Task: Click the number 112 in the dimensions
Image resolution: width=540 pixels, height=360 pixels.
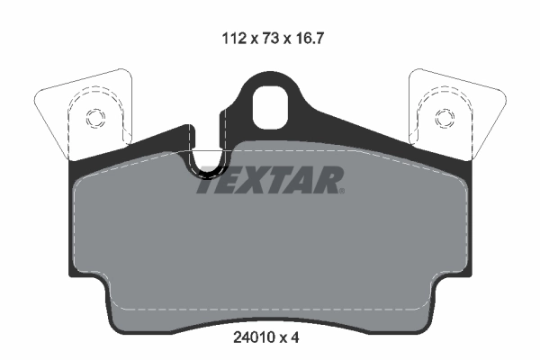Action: click(233, 39)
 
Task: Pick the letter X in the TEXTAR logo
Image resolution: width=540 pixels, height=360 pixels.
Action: click(257, 181)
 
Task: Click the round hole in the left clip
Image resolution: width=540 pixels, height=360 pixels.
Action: click(94, 118)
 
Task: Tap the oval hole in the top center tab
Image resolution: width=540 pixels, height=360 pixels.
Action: click(269, 105)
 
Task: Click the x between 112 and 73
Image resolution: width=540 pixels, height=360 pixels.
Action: click(256, 39)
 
